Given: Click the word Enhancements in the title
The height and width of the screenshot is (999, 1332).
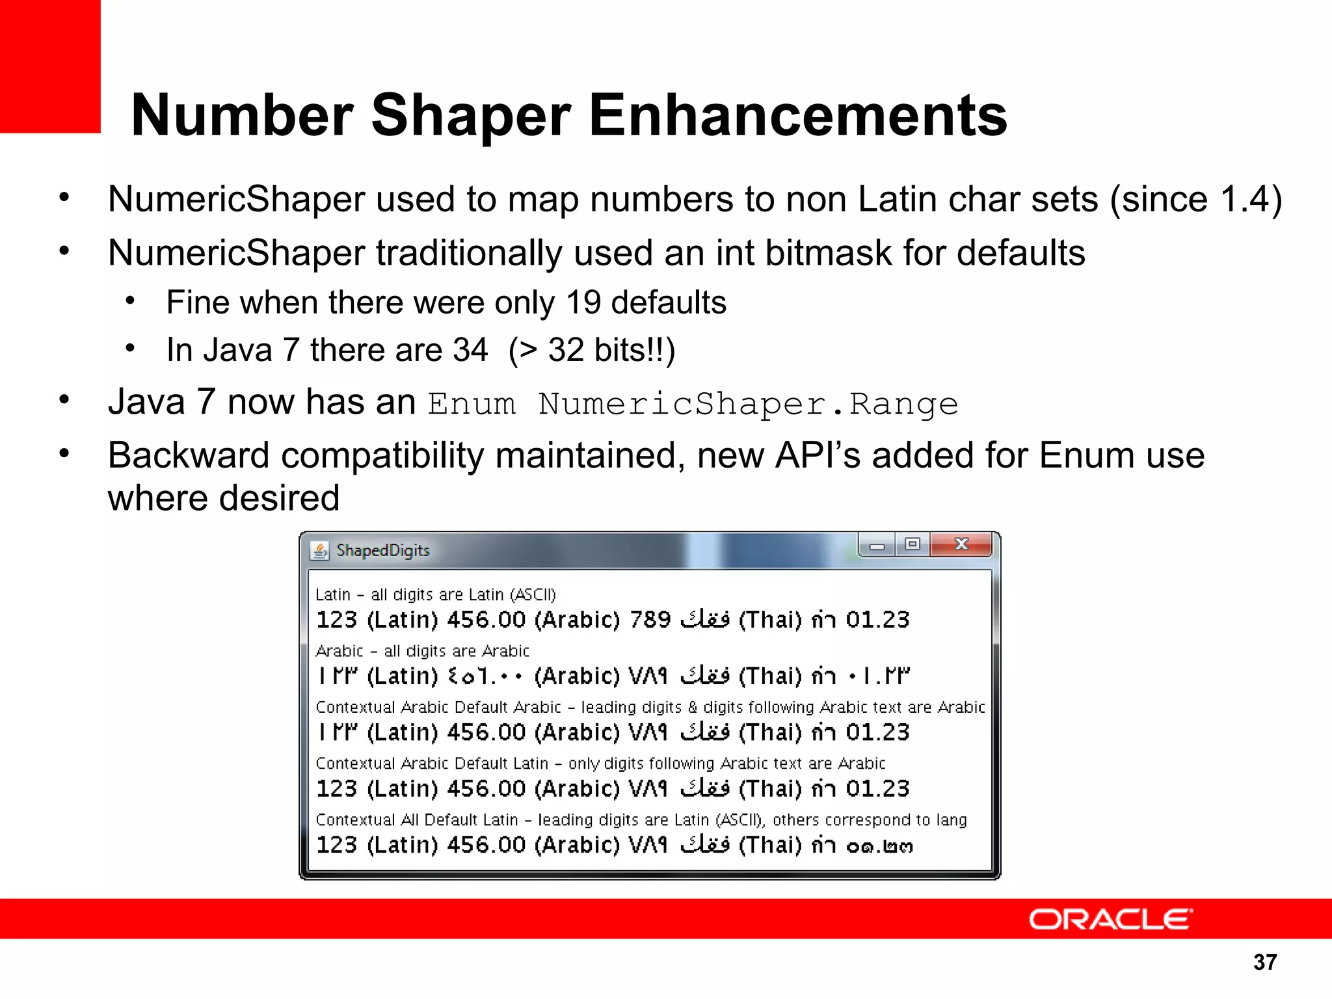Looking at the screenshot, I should (x=798, y=116).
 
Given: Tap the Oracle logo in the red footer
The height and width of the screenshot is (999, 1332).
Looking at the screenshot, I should (x=1110, y=920).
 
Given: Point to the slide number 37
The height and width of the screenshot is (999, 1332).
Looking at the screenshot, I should (x=1265, y=963).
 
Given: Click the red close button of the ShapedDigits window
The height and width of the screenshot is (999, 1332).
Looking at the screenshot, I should (x=961, y=544).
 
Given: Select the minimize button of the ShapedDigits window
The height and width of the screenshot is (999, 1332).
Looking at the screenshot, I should (x=877, y=546).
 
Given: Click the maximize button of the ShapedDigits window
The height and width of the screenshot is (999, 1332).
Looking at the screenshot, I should (x=912, y=544).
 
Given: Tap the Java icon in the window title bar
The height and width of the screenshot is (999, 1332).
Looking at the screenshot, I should (x=319, y=551).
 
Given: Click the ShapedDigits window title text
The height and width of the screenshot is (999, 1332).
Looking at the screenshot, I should (x=383, y=551).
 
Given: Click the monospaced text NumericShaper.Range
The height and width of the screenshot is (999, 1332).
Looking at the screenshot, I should (x=748, y=405).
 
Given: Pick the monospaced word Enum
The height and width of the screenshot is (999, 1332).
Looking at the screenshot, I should (x=472, y=405).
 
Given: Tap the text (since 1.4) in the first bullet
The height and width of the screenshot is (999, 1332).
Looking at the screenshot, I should (x=1195, y=200).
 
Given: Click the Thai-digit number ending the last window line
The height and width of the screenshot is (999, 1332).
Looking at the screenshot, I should (x=879, y=846).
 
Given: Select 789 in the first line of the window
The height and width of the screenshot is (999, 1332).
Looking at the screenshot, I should (x=650, y=620).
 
